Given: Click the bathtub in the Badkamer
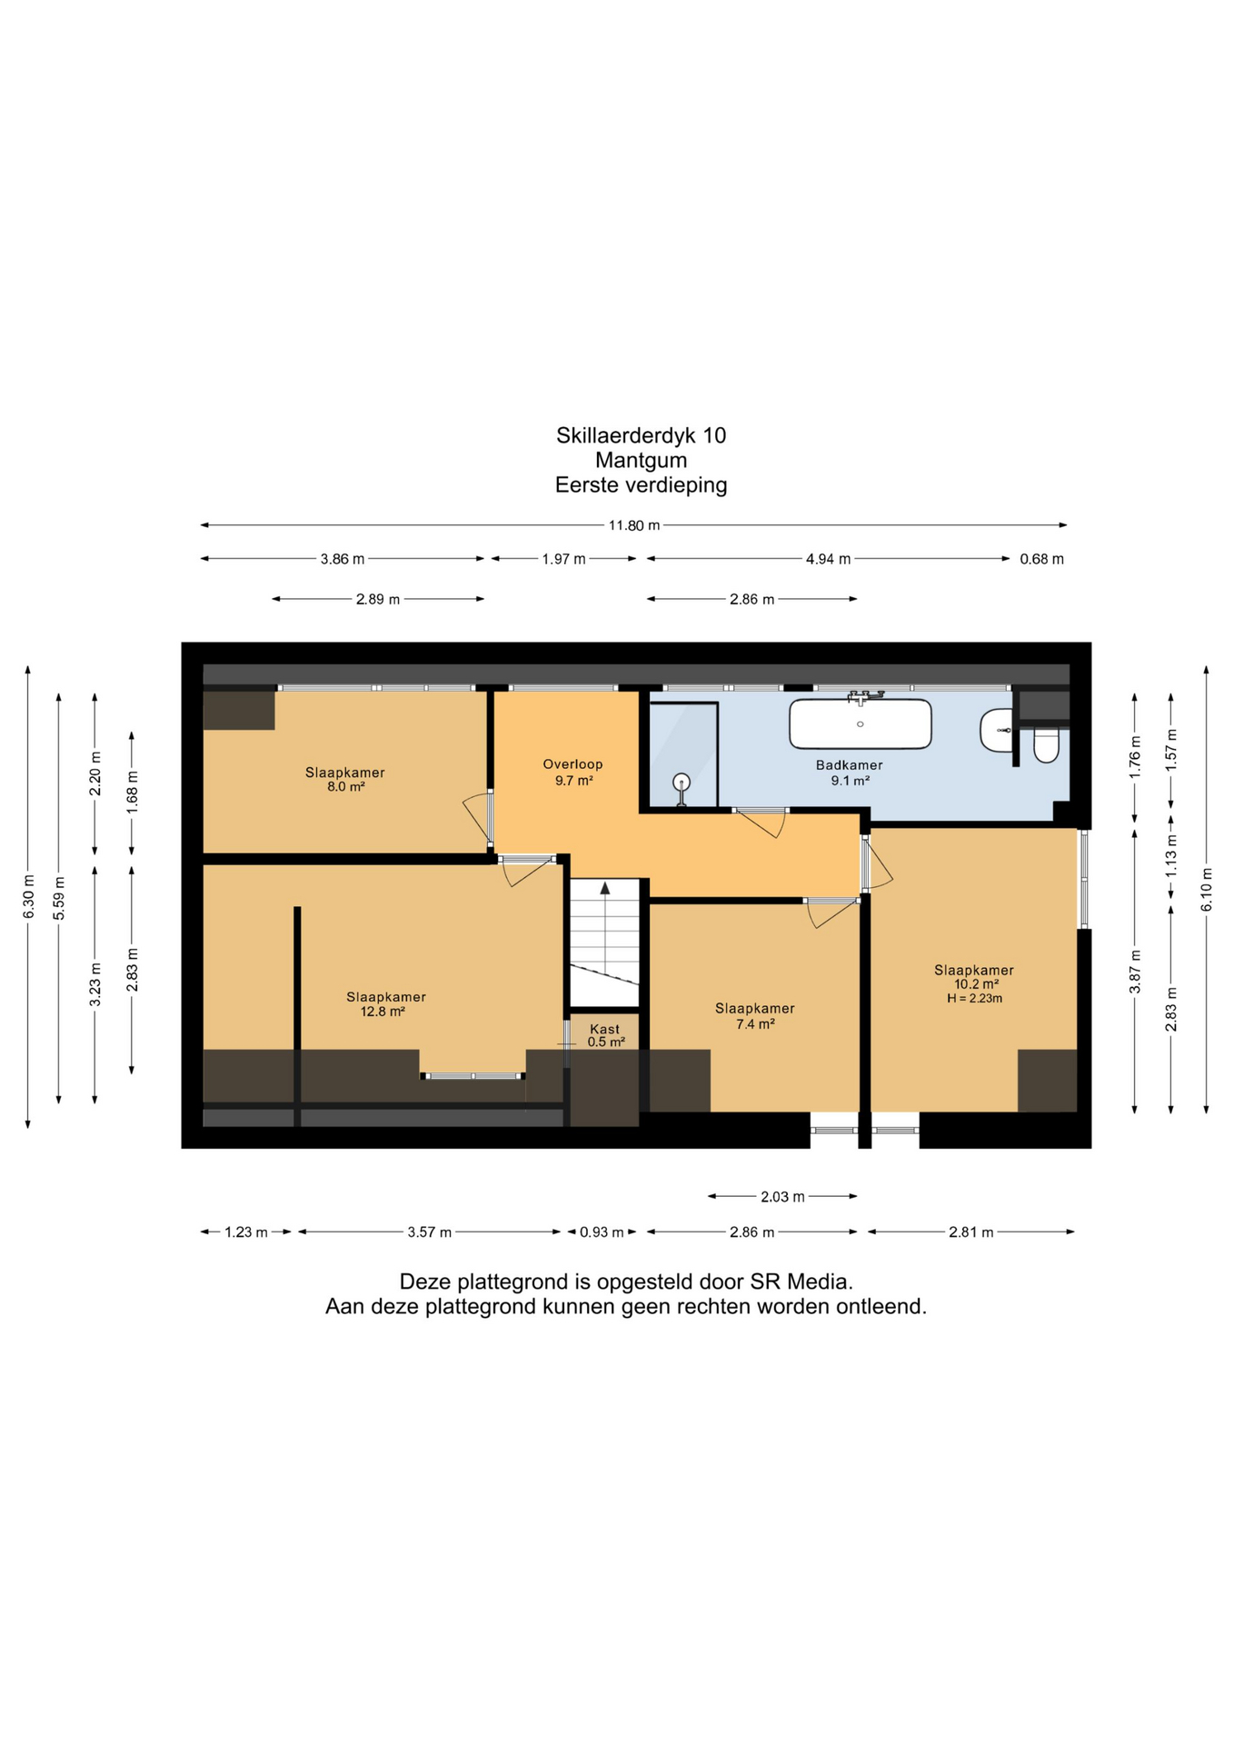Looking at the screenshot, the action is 860,723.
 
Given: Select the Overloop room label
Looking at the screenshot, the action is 572,773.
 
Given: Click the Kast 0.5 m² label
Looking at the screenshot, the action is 605,1036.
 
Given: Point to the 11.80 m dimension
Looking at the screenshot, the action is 634,525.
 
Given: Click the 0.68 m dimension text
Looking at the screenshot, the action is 1041,559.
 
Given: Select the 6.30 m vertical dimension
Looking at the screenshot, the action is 28,896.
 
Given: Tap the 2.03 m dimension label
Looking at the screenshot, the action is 782,1197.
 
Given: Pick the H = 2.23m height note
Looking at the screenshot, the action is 974,998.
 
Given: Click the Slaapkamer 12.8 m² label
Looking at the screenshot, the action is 385,1004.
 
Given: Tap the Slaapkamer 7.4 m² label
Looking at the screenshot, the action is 754,1016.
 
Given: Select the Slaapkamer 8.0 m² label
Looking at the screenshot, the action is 344,780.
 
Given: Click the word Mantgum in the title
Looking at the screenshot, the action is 641,460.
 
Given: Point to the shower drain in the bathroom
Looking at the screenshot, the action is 682,782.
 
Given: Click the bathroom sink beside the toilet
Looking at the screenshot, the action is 996,731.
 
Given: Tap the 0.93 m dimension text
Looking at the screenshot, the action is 602,1232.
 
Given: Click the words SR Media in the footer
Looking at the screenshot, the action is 801,1282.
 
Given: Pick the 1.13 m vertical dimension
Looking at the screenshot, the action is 1171,855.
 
